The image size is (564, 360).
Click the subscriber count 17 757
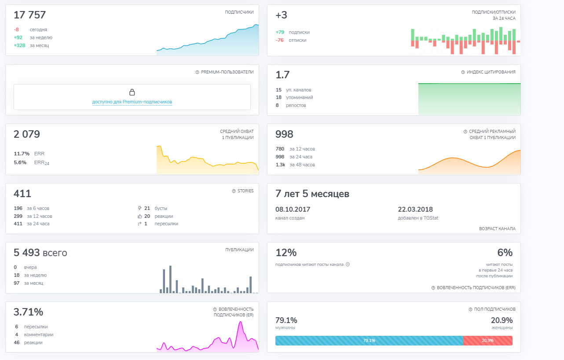pyautogui.click(x=30, y=15)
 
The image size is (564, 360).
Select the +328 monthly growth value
pyautogui.click(x=19, y=45)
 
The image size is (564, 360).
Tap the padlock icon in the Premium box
pyautogui.click(x=132, y=92)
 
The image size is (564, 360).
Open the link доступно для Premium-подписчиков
pyautogui.click(x=132, y=102)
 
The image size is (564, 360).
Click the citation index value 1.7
pyautogui.click(x=282, y=75)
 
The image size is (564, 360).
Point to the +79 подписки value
pyautogui.click(x=280, y=32)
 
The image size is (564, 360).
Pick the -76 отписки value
pyautogui.click(x=279, y=40)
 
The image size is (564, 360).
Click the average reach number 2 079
pyautogui.click(x=27, y=134)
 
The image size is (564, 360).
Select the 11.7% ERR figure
pyautogui.click(x=22, y=154)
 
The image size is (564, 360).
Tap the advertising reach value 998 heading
pyautogui.click(x=284, y=134)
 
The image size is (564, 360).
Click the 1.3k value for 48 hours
pyautogui.click(x=281, y=165)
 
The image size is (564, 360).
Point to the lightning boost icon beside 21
pyautogui.click(x=139, y=208)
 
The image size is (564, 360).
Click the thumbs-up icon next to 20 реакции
pyautogui.click(x=139, y=216)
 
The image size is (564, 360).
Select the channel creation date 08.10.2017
pyautogui.click(x=293, y=209)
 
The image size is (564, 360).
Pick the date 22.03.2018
pyautogui.click(x=415, y=209)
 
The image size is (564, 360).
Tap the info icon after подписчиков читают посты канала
pyautogui.click(x=348, y=264)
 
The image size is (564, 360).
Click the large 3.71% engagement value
pyautogui.click(x=28, y=312)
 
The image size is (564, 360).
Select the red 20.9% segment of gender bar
pyautogui.click(x=488, y=341)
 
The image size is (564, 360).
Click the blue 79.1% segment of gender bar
pyautogui.click(x=369, y=341)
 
